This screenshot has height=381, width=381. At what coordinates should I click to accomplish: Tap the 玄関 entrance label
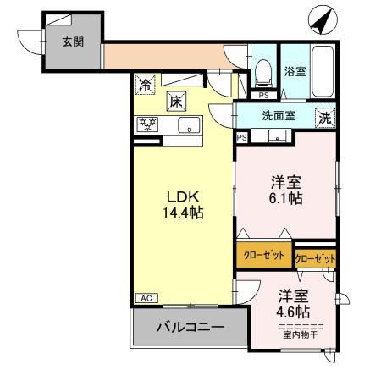coord(71,41)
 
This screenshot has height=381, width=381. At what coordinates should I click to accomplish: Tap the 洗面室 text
coord(277,117)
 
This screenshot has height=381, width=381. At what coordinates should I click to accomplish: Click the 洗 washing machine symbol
coord(325,119)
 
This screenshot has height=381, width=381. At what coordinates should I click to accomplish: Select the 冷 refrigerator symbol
coord(146,85)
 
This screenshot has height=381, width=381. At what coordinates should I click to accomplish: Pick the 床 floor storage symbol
coord(176,100)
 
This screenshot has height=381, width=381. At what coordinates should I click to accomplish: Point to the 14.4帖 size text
coord(184,212)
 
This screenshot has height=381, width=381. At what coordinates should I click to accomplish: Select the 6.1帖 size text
coord(286,198)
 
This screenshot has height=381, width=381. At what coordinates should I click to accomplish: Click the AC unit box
coord(146,298)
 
